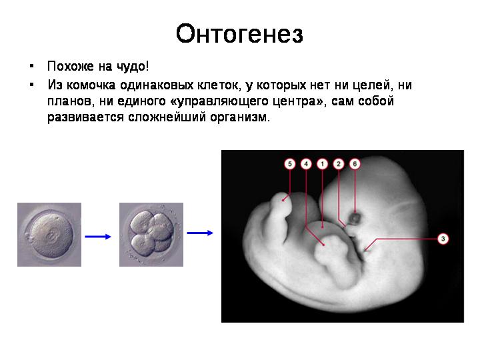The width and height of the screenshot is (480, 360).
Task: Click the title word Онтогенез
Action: [239, 33]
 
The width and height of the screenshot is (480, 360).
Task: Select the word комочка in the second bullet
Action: [91, 85]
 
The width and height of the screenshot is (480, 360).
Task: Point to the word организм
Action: [240, 117]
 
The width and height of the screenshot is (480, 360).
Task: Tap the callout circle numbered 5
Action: [289, 164]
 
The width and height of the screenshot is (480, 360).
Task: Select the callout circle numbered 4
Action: [306, 164]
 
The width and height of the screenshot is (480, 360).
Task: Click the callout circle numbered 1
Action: [322, 164]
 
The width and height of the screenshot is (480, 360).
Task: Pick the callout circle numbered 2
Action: [338, 164]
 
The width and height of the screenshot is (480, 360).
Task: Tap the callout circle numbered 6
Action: [355, 164]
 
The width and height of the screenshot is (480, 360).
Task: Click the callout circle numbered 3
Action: [443, 239]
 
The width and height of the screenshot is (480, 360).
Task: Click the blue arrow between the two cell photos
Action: [97, 236]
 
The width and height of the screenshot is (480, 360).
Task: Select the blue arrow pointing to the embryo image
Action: [200, 233]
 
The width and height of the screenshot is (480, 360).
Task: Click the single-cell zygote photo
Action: [49, 235]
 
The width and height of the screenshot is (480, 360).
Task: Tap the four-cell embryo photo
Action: [151, 235]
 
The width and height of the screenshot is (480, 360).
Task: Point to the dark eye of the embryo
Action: [355, 218]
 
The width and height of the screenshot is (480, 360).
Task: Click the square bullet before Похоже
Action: [31, 66]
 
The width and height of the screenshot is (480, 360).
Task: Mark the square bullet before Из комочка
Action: [31, 85]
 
